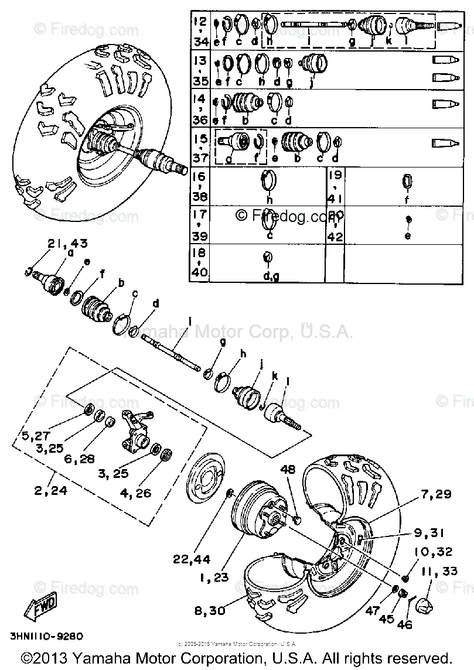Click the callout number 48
[x=287, y=469]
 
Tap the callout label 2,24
[x=51, y=491]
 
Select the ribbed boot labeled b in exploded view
[x=96, y=307]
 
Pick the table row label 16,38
[x=200, y=185]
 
